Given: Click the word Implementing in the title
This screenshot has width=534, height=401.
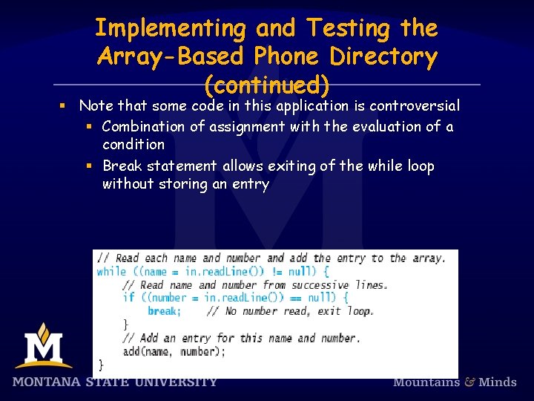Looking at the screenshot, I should (170, 29).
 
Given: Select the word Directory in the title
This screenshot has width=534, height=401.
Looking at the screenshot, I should (383, 56).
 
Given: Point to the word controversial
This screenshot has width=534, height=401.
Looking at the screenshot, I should (415, 105).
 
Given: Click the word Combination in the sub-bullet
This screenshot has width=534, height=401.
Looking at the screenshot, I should (142, 126).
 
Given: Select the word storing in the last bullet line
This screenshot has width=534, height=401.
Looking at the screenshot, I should (184, 183).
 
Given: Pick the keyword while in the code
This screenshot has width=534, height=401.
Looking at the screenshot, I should (111, 272).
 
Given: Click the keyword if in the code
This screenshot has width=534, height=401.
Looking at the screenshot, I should (128, 298).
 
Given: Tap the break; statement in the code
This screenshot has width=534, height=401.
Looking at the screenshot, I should (164, 311).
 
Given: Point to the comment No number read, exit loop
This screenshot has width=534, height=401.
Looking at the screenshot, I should (289, 311).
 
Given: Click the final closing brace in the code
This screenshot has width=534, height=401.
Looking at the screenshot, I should (102, 364).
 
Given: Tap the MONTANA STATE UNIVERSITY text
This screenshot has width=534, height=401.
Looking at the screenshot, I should (115, 382).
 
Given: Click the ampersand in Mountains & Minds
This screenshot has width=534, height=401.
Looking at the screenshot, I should (470, 382).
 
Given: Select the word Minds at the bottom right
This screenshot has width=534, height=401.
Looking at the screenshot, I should (498, 382).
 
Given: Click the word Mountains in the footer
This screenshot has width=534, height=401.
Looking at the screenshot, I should (426, 382).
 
